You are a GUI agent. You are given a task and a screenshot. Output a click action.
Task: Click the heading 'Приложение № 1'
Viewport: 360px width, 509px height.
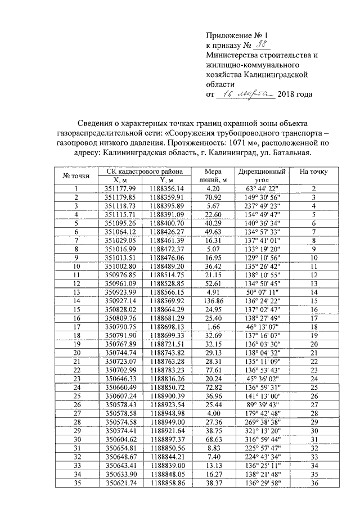click(x=233, y=35)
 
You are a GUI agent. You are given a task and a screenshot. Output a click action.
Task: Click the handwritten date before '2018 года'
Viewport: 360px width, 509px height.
click(x=246, y=94)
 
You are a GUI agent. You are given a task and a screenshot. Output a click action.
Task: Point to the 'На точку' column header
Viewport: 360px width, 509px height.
click(x=314, y=171)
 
